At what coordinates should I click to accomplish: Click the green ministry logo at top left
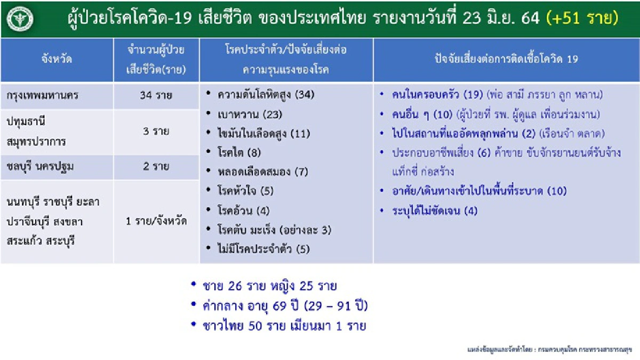20,19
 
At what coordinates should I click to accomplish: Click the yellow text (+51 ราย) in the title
582,19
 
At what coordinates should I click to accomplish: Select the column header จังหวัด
57,60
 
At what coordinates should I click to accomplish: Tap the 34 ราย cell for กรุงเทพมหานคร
156,97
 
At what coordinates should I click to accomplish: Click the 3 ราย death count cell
156,132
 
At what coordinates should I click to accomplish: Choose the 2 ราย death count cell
156,167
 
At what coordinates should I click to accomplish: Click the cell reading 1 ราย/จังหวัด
156,221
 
